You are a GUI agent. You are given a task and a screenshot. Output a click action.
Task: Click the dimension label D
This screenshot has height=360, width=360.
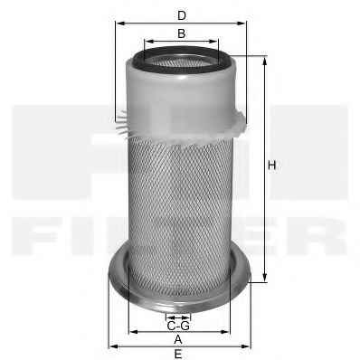tap(182, 15)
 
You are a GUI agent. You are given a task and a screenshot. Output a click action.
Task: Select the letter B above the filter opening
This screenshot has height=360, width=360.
tap(182, 33)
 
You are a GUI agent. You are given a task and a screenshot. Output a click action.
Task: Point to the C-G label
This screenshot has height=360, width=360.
tap(179, 326)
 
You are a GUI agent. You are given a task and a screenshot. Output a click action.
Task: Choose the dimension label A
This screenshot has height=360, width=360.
tap(179, 338)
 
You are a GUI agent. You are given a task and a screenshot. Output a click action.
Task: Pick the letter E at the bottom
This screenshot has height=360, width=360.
tap(179, 354)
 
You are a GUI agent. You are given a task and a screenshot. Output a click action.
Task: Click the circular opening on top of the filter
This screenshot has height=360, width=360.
tap(182, 63)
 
